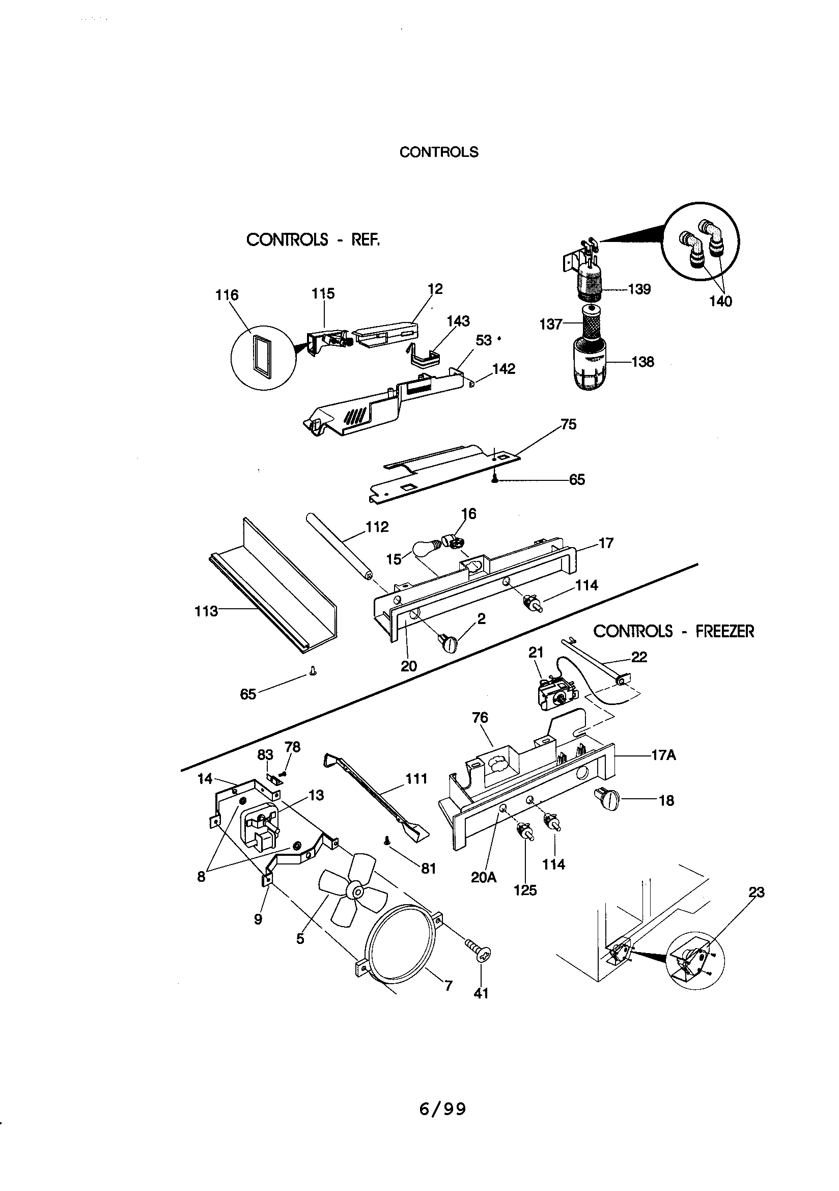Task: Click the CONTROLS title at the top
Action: [x=439, y=152]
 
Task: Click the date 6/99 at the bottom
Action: [x=442, y=1109]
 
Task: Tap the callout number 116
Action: [x=227, y=295]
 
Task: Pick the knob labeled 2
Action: [x=449, y=644]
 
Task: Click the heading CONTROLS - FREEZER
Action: [x=673, y=631]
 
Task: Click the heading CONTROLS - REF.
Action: [x=313, y=239]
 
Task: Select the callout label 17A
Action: [x=664, y=755]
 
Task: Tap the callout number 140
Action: [x=720, y=301]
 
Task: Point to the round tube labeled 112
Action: [x=340, y=546]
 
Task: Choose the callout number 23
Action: [x=757, y=892]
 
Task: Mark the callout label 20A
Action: [x=483, y=877]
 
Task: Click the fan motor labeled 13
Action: [x=259, y=829]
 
